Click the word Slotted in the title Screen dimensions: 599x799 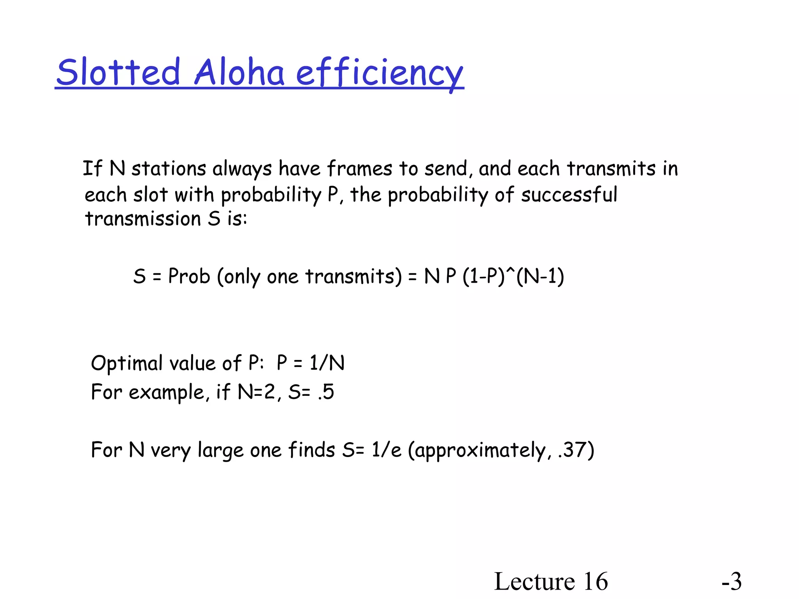tap(118, 72)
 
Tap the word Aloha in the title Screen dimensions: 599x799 tap(239, 72)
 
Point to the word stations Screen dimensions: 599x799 tap(169, 169)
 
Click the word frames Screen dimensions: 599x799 tap(359, 169)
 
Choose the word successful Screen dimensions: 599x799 tap(569, 195)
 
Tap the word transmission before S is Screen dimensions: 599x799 tap(143, 219)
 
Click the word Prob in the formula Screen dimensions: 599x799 tap(189, 276)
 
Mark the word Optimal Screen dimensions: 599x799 tap(126, 363)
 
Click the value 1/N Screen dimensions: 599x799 tap(327, 363)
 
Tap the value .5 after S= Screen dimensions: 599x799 tap(326, 392)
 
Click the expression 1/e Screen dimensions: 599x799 tap(386, 450)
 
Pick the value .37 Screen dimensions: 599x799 tap(573, 450)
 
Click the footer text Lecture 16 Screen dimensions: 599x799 tap(551, 581)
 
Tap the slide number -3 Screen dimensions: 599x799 tap(732, 581)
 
